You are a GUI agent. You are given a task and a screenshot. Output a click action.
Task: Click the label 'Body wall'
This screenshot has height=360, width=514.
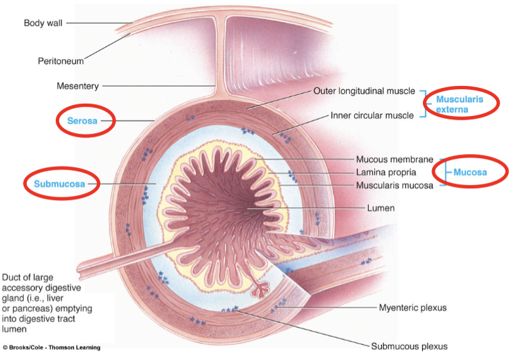(x=43, y=23)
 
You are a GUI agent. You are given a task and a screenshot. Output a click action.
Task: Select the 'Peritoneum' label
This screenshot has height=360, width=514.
(x=60, y=61)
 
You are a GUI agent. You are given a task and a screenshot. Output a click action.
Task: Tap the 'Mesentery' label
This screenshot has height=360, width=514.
(x=77, y=85)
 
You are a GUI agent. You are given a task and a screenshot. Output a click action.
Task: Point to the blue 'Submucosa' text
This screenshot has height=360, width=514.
(x=60, y=184)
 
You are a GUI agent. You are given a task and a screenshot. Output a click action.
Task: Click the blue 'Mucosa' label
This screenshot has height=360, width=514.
(x=470, y=172)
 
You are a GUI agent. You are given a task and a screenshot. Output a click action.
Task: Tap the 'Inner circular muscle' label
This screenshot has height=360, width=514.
(x=372, y=115)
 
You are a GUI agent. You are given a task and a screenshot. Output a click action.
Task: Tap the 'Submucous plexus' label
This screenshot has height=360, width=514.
(x=409, y=346)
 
